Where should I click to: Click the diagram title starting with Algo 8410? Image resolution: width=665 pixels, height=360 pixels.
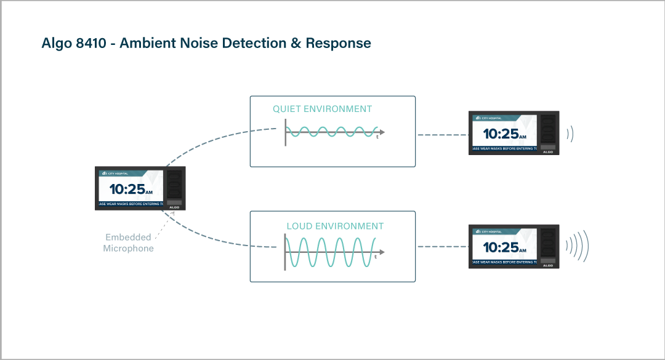coord(206,44)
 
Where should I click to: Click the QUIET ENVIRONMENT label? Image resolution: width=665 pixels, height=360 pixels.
coord(322,109)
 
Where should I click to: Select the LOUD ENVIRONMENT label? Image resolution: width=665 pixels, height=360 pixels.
coord(335,226)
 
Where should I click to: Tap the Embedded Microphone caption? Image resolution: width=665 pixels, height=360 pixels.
coord(128,243)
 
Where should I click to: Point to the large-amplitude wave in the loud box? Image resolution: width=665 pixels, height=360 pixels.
coord(332,252)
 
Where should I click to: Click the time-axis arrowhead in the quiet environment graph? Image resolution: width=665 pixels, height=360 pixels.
coord(382,132)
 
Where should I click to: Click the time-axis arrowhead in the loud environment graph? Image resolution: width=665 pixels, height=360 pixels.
coord(382,252)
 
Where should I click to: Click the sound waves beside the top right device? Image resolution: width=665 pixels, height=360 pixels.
coord(570,134)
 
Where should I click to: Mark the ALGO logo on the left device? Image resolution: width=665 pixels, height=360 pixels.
coord(175,207)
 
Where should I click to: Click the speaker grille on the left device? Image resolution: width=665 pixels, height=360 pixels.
coord(175,184)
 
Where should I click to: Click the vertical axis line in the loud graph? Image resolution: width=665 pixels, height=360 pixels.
coord(285,252)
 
